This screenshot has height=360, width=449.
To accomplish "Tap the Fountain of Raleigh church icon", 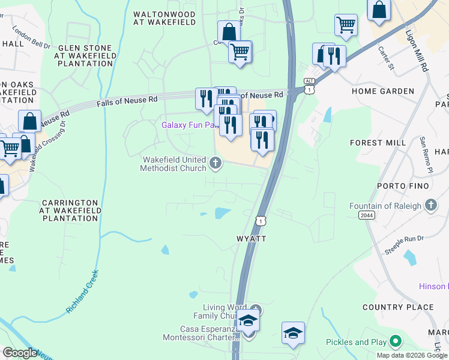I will point(430,206).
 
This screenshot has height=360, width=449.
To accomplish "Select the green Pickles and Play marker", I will point(395,342).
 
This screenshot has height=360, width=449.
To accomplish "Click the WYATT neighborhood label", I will point(251,238).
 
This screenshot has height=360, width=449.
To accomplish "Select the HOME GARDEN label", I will point(383,91).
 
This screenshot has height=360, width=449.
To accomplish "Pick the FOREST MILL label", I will point(374,143).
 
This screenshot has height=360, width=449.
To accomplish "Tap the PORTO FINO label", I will point(403,186).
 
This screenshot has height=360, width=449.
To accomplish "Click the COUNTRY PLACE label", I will point(398,307).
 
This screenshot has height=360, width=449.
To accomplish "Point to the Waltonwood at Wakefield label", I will point(164,18).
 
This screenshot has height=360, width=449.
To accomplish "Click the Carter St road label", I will point(387,60).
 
